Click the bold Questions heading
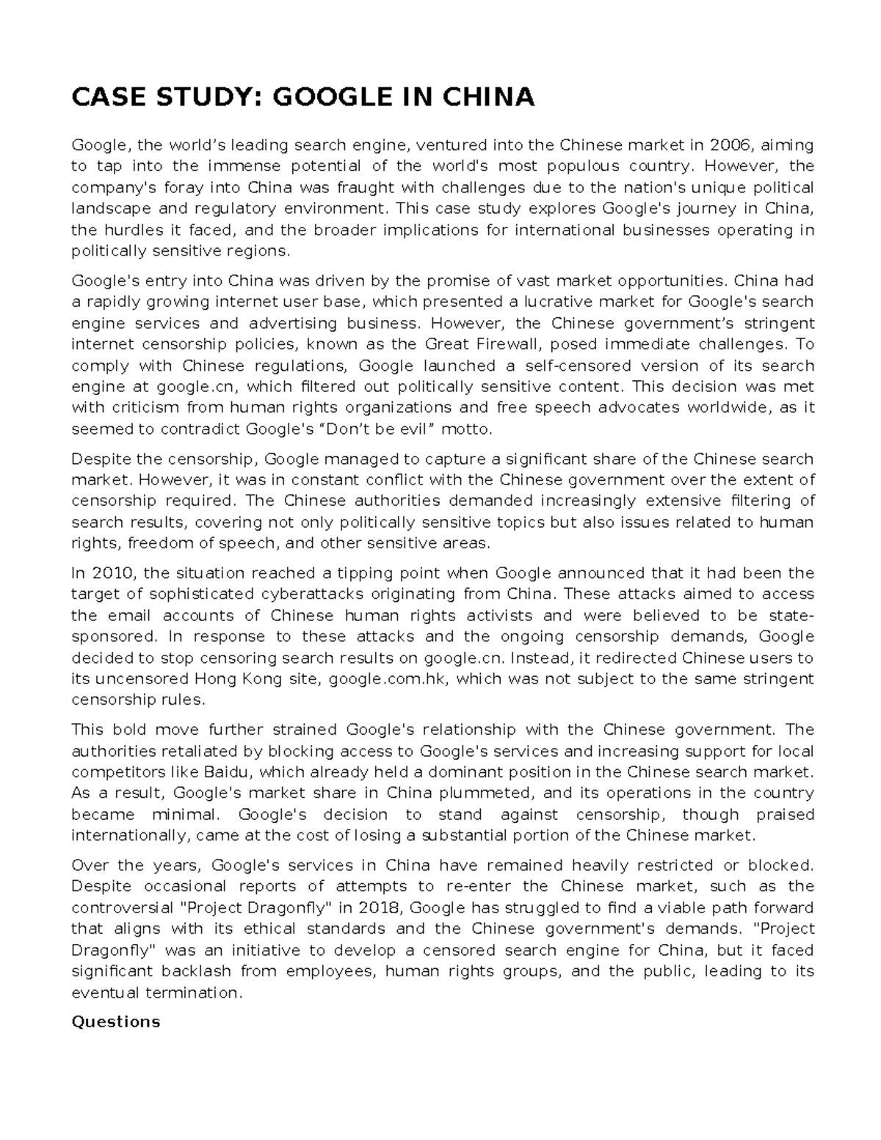coord(115,1022)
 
